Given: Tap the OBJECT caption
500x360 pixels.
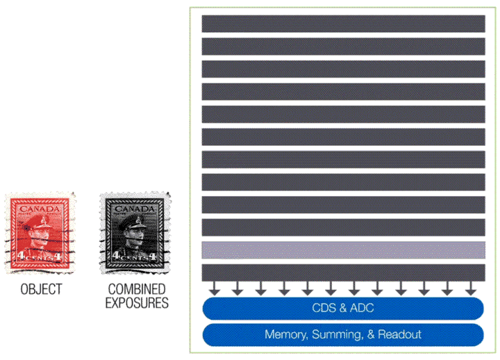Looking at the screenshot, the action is tap(41, 289).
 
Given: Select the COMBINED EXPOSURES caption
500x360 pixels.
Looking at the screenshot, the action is tap(137, 295).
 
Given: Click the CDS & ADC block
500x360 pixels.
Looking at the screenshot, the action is tap(343, 308).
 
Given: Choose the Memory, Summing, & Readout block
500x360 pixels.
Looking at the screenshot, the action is tap(343, 334).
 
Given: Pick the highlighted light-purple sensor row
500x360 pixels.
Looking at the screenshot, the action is tap(343, 250).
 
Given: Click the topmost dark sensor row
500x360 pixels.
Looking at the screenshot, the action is tap(343, 24).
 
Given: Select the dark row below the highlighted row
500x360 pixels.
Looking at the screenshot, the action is tap(343, 272).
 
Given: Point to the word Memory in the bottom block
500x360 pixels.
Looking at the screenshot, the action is tap(285, 334).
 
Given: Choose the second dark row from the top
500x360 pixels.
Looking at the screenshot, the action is tap(343, 46).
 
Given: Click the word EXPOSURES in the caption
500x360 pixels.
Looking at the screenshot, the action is tap(137, 303).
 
